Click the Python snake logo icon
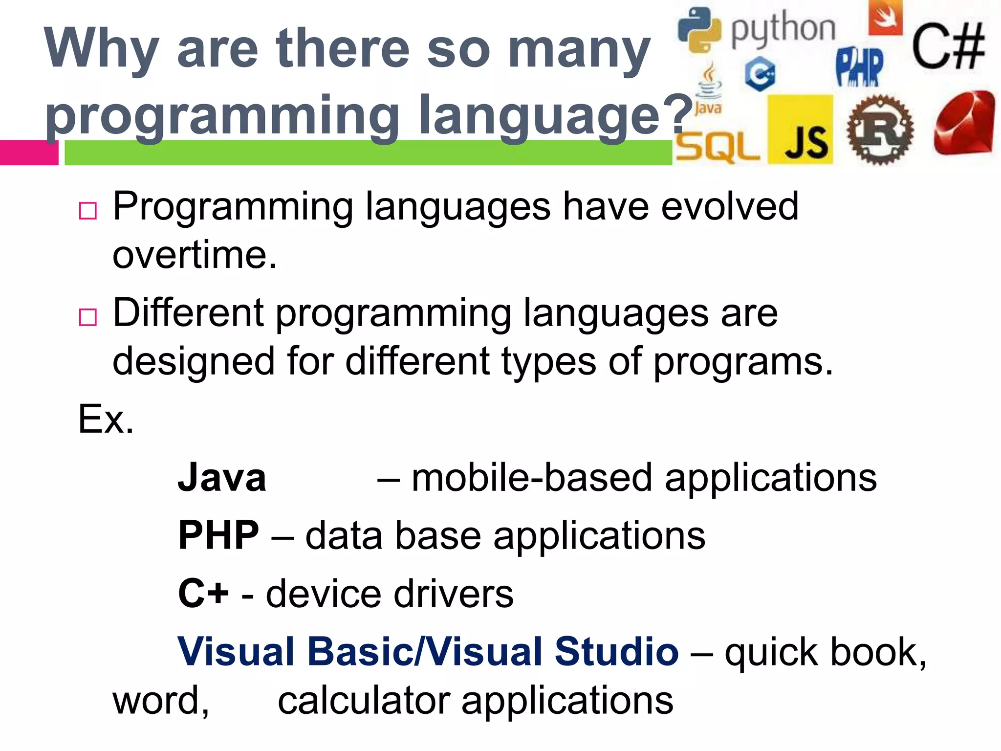tap(699, 30)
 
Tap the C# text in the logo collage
tap(948, 47)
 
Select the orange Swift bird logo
tap(885, 18)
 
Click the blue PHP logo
tap(860, 67)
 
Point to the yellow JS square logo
tap(800, 130)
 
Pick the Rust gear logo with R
tap(880, 130)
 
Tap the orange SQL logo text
tap(718, 147)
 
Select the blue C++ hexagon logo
tap(760, 74)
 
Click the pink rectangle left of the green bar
tap(29, 153)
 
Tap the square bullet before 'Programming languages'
tap(88, 211)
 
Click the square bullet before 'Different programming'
tap(88, 317)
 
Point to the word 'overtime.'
tap(195, 255)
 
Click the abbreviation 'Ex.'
tap(106, 419)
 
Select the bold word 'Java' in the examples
tap(222, 478)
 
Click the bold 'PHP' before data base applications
tap(218, 535)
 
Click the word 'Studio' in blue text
tap(616, 652)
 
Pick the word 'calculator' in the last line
tap(364, 701)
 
